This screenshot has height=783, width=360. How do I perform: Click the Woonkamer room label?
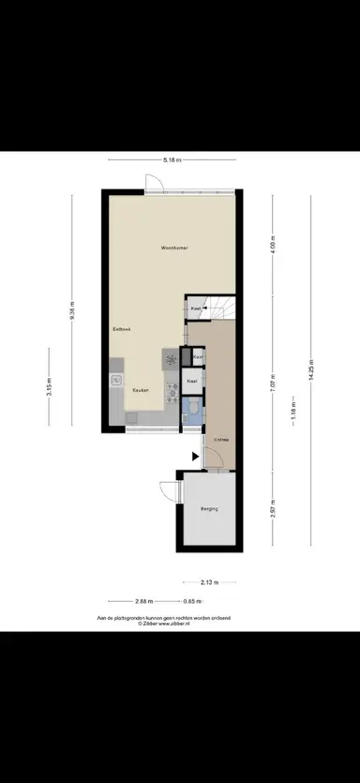175,248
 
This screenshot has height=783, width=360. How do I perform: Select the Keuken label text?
141,390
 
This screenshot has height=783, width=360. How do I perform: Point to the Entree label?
221,439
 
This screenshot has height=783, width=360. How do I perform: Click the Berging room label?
209,509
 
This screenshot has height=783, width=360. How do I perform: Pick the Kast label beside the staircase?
197,308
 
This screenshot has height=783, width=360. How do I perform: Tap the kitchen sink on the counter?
116,380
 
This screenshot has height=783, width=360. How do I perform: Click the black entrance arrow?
194,457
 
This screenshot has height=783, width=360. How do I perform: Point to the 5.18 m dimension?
172,160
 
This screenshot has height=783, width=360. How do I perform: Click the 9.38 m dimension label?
71,310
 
